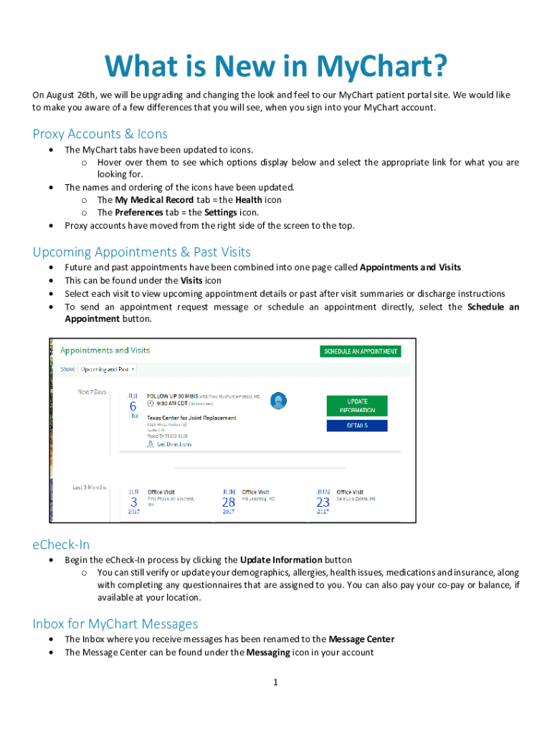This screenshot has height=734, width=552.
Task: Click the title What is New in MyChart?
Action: tap(276, 67)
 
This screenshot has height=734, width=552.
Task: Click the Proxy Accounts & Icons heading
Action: tap(100, 134)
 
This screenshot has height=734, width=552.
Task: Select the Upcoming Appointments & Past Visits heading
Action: tap(141, 252)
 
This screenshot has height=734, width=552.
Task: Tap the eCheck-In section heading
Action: tap(61, 544)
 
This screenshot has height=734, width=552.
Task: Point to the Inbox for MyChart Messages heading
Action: tap(115, 624)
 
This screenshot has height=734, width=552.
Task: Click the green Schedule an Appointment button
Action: tap(360, 351)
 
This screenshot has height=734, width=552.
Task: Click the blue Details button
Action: tap(356, 425)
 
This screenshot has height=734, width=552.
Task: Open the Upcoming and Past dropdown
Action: tap(108, 370)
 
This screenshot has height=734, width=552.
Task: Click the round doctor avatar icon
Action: tap(279, 401)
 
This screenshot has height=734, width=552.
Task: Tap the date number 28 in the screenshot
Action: tap(228, 502)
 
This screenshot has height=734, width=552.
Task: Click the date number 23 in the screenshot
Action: tap(323, 502)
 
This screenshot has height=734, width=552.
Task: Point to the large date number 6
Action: tap(133, 406)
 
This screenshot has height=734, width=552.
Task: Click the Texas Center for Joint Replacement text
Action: tap(191, 417)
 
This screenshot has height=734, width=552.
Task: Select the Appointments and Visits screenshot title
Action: tap(105, 351)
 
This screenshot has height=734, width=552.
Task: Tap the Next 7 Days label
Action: tap(92, 392)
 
